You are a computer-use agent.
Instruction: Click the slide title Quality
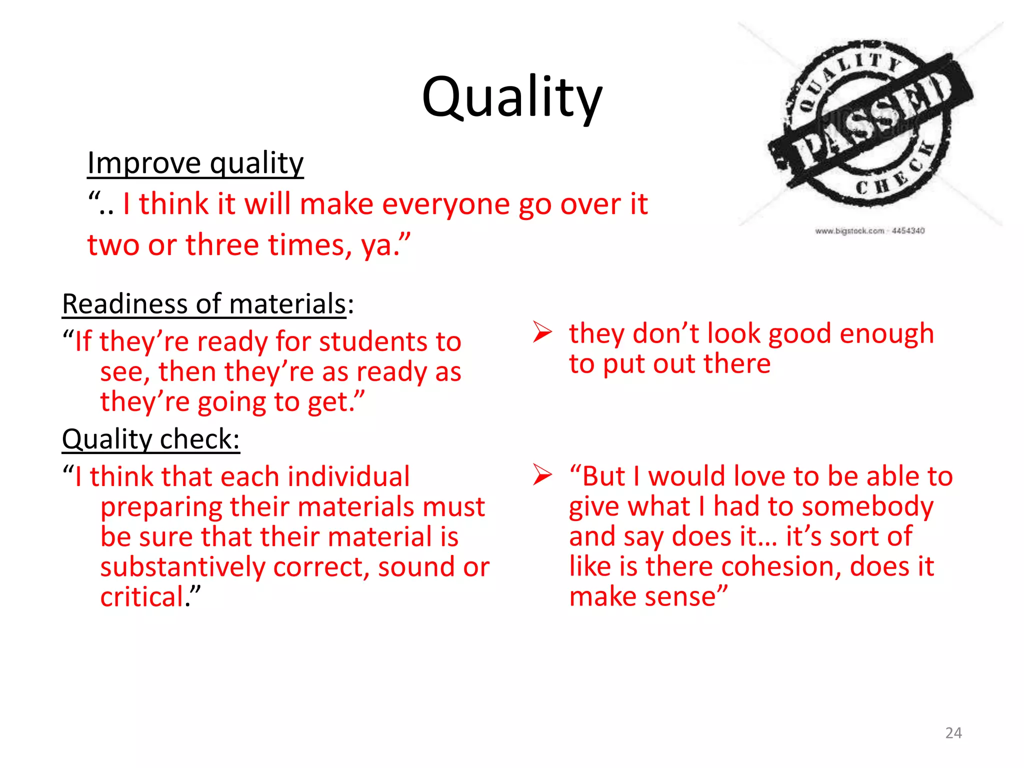click(x=512, y=97)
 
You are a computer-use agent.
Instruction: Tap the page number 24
click(x=953, y=733)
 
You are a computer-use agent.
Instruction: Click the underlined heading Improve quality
click(x=195, y=163)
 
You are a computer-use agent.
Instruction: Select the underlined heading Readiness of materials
click(x=204, y=304)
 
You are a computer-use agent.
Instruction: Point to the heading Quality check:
click(x=150, y=439)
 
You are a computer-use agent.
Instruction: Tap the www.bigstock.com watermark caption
click(x=869, y=230)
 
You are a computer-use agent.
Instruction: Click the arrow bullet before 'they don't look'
click(x=542, y=332)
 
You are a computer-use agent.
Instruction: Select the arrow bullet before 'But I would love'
click(x=542, y=474)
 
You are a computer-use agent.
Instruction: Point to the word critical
click(x=142, y=597)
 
